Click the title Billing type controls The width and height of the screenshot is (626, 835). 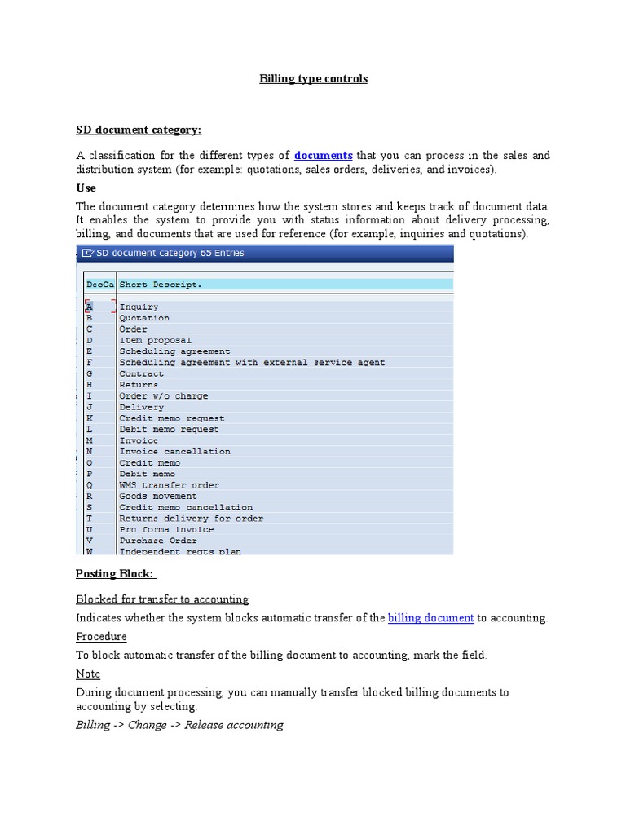313,79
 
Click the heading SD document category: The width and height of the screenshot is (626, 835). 139,130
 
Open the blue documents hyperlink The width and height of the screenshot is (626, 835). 323,155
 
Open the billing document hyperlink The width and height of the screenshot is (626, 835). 430,618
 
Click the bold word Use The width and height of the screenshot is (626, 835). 86,188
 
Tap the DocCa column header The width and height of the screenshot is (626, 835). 99,285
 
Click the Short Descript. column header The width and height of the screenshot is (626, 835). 161,285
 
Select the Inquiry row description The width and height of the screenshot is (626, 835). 139,307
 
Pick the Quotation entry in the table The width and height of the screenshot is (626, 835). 144,318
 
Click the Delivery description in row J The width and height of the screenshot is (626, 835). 141,407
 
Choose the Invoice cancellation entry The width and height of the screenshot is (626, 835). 174,452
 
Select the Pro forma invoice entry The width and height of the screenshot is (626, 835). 166,529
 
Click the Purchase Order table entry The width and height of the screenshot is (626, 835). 158,541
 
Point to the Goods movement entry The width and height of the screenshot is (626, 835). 158,496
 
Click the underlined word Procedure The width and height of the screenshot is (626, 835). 101,636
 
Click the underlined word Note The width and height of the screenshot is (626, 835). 88,674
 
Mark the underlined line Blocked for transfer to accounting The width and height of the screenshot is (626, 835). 162,599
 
